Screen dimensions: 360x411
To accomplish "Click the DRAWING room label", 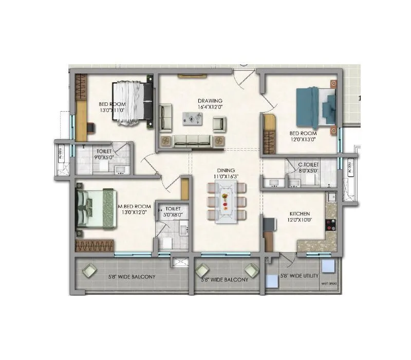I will (x=210, y=100).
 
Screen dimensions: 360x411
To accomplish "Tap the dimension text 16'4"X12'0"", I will (x=210, y=107).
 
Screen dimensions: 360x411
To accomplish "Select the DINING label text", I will (x=226, y=170).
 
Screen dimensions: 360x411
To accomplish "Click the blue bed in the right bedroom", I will (x=314, y=107).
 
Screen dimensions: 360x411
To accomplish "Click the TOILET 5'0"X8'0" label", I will (x=170, y=209).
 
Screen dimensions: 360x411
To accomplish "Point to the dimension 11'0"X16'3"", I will (x=226, y=176).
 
